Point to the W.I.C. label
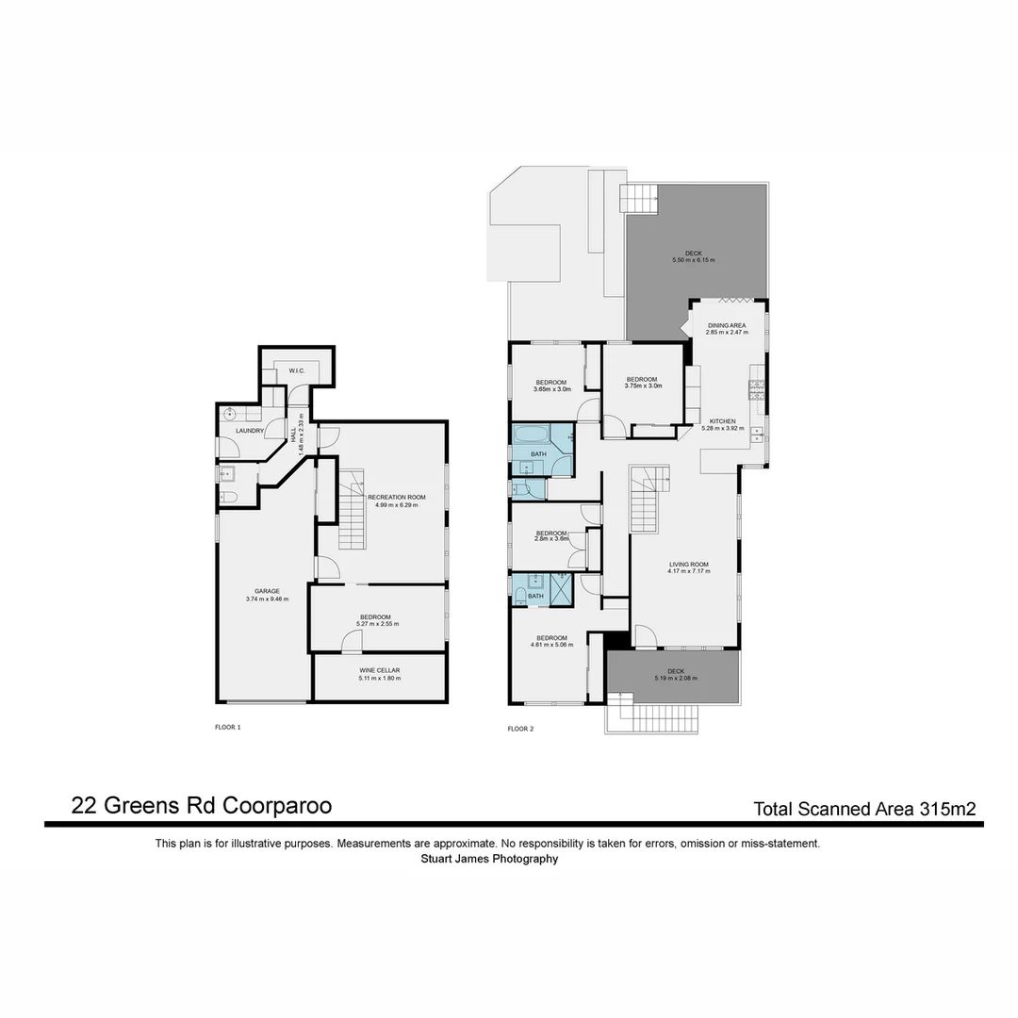[x=296, y=371]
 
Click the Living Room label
[x=688, y=566]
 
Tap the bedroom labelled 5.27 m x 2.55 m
[x=378, y=619]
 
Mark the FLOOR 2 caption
[x=520, y=729]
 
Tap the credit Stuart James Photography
[x=489, y=859]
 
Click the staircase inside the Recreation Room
[x=352, y=514]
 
